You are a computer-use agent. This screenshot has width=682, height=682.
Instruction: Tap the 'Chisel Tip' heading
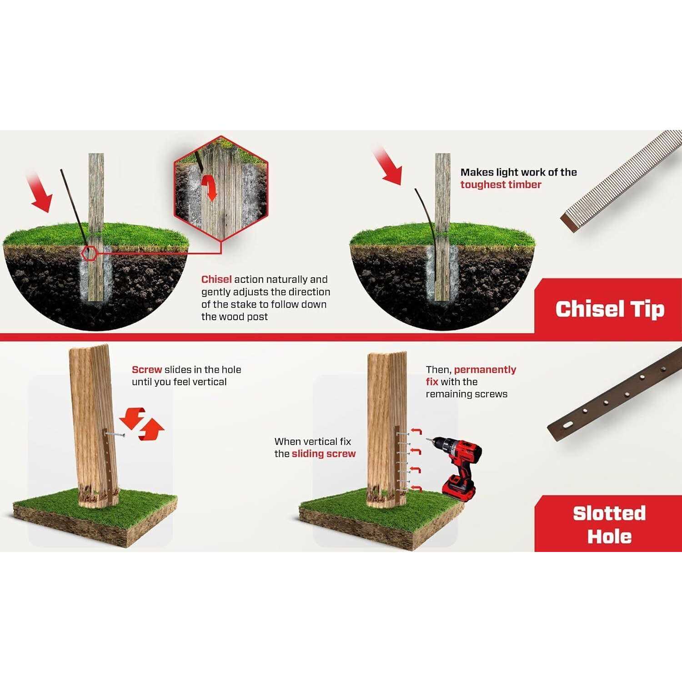pos(610,309)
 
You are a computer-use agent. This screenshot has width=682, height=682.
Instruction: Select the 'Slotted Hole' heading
pos(609,525)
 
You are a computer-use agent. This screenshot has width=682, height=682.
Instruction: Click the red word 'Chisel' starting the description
pos(216,280)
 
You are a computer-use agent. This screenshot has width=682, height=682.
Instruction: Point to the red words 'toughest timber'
pos(501,185)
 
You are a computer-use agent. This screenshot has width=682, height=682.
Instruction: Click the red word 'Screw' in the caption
pos(147,370)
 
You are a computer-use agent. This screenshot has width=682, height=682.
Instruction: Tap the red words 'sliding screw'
pos(324,454)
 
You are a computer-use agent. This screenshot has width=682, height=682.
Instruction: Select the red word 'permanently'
pos(485,370)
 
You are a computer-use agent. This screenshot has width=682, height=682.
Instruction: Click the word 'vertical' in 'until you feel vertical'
pos(210,382)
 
